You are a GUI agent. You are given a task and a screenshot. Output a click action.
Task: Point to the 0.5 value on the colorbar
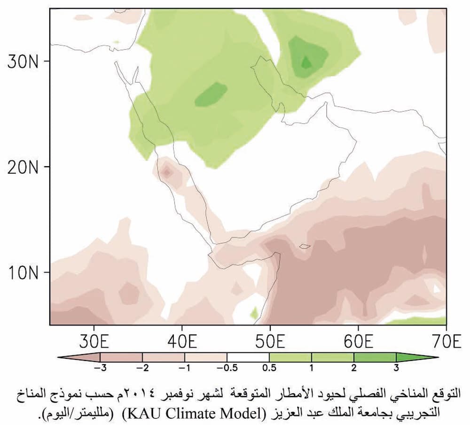tap(269, 367)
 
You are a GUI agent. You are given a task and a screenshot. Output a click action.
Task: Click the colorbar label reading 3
tap(396, 367)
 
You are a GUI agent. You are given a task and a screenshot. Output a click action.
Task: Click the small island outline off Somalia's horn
tap(305, 246)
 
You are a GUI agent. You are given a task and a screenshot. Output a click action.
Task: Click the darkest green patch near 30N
tap(306, 62)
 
